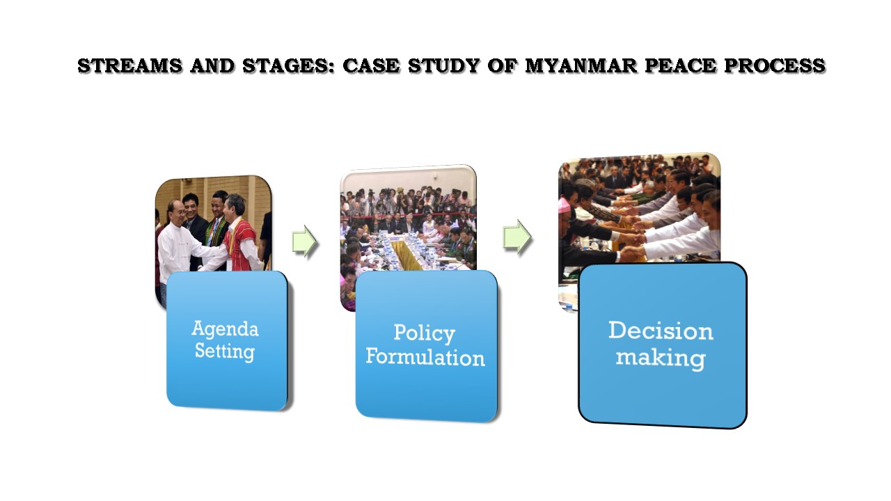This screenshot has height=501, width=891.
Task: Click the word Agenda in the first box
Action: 225,328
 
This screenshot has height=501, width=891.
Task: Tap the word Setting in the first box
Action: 224,351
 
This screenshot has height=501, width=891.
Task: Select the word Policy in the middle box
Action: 424,333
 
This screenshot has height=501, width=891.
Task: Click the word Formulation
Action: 425,357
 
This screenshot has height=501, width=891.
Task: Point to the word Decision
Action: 661,331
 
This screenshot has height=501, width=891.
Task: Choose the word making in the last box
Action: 660,358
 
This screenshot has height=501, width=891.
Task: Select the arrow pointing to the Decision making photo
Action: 517,238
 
